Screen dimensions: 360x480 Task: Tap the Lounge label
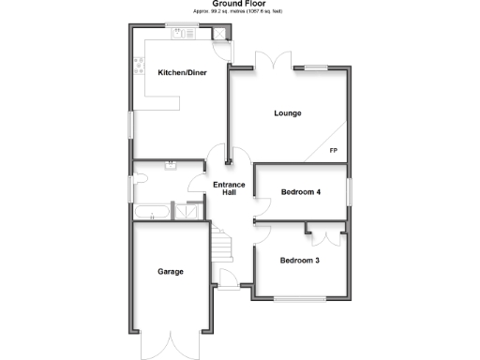pos(288,113)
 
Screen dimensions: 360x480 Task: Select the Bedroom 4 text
pos(301,192)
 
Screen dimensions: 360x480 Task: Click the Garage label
pos(170,271)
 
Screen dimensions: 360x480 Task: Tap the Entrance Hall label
pos(229,188)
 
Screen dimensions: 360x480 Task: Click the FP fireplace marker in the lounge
pos(333,150)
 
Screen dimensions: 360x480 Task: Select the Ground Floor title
pos(240,5)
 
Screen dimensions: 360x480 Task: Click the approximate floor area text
pos(240,12)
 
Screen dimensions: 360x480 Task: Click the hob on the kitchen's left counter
pos(140,66)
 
